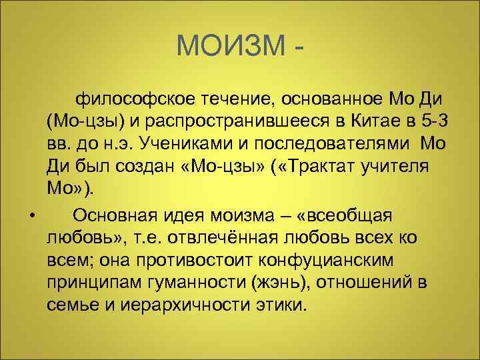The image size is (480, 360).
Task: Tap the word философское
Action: [131, 100]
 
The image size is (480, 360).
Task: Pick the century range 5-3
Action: [441, 122]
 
